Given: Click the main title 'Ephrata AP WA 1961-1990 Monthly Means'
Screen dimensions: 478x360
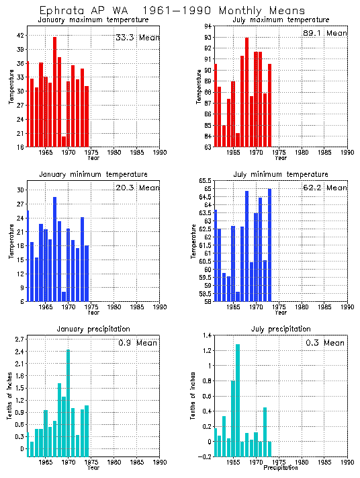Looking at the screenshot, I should (172, 11).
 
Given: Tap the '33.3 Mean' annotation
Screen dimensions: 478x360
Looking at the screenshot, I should (138, 38).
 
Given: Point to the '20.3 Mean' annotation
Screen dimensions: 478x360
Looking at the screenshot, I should (138, 188).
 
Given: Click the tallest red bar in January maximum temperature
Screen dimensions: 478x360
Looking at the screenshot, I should (55, 91).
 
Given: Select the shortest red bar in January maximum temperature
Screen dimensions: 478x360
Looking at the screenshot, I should (64, 141).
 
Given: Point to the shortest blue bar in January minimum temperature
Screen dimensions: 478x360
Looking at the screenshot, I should (64, 296).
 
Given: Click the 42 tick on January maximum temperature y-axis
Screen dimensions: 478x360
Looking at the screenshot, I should (19, 35).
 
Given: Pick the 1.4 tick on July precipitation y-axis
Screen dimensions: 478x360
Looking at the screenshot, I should (207, 335).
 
